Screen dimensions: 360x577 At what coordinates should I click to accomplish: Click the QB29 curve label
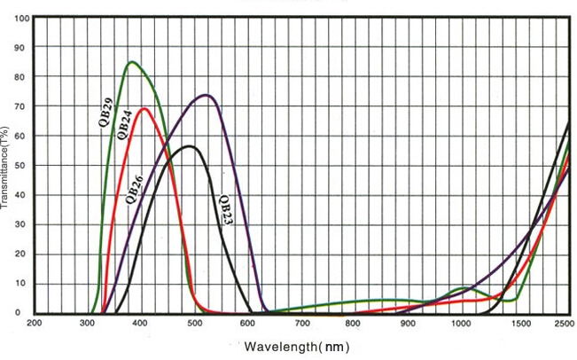105,114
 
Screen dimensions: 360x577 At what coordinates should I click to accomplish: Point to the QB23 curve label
225,211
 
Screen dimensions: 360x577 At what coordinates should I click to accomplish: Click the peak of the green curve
131,61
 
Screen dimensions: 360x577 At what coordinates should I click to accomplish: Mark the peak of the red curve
143,109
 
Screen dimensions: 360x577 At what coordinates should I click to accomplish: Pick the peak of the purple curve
206,95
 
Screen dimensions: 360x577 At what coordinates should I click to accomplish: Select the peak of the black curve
189,145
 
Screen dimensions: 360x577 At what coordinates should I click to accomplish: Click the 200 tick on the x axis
35,323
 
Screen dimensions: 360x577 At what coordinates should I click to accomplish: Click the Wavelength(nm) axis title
296,347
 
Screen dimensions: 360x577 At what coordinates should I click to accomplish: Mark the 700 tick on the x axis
301,323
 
